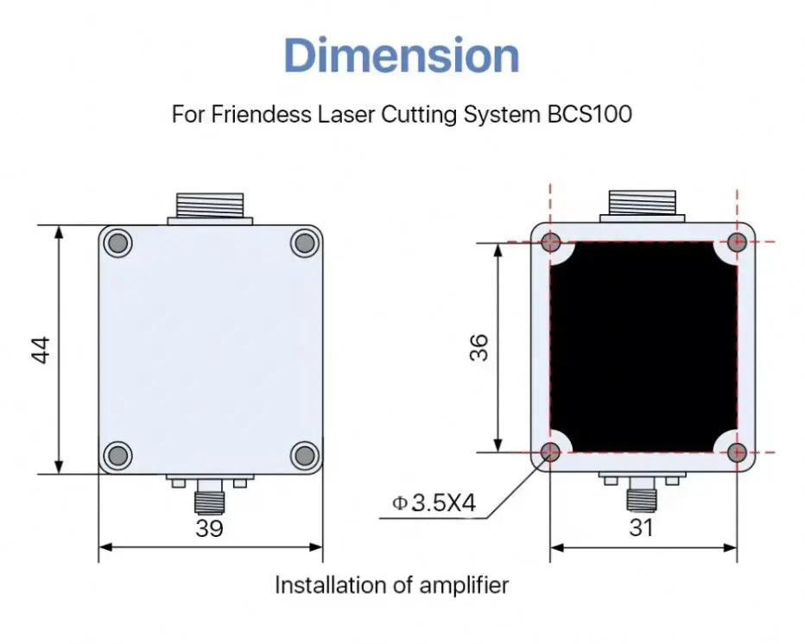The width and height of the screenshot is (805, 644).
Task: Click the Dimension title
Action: click(402, 56)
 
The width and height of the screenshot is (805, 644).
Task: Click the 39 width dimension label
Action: click(209, 528)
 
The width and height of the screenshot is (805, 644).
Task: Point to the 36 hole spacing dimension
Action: click(480, 347)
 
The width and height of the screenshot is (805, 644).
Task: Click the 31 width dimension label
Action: click(641, 528)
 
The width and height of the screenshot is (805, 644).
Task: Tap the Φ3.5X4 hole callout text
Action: click(434, 502)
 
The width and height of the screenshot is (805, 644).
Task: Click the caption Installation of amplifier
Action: click(391, 585)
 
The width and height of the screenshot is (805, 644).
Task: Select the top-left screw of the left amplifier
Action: click(118, 243)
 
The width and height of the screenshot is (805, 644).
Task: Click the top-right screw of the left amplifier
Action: click(303, 243)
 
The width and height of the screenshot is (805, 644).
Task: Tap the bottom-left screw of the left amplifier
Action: click(118, 454)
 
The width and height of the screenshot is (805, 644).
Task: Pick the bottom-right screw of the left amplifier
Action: click(303, 454)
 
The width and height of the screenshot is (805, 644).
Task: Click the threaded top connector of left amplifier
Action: click(210, 206)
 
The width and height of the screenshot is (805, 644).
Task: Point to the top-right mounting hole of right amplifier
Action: click(737, 243)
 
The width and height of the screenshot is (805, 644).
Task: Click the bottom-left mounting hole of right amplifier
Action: click(550, 451)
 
